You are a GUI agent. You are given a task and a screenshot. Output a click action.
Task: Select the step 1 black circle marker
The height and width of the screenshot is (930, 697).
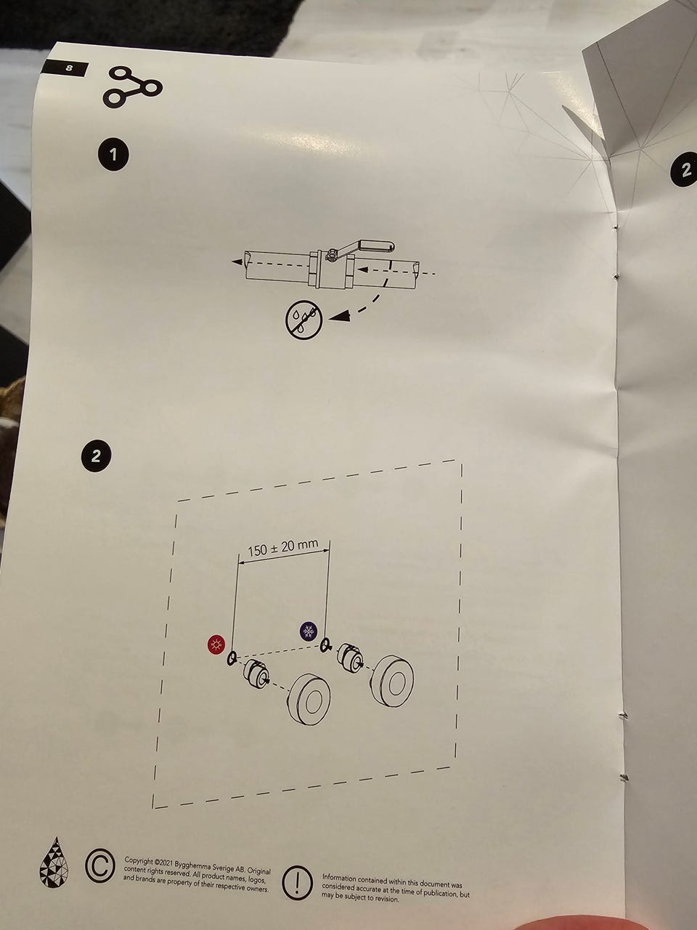113,155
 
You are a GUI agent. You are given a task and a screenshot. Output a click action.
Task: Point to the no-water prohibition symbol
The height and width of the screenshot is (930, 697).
304,320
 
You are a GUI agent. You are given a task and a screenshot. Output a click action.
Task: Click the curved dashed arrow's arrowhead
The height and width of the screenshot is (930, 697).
340,315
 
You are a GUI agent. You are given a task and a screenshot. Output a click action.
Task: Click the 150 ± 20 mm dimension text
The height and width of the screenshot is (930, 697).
282,549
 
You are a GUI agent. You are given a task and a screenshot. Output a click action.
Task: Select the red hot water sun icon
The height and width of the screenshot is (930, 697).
216,645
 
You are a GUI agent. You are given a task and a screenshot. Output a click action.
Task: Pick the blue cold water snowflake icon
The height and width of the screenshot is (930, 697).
309,631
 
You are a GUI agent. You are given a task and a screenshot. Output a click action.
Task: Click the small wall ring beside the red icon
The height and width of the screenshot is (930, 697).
231,659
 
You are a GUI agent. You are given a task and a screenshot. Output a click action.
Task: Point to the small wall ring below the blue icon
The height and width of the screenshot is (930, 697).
325,645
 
